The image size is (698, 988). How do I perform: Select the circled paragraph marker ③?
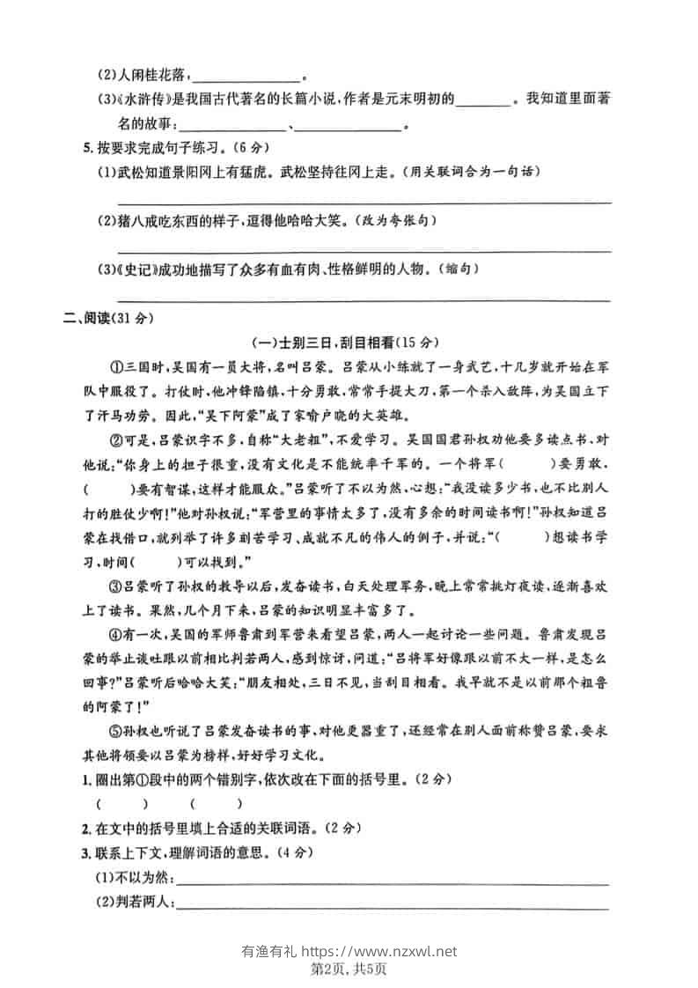coord(114,585)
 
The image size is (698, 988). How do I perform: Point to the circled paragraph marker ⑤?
coord(114,731)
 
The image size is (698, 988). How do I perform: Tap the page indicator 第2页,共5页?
coord(349,969)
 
